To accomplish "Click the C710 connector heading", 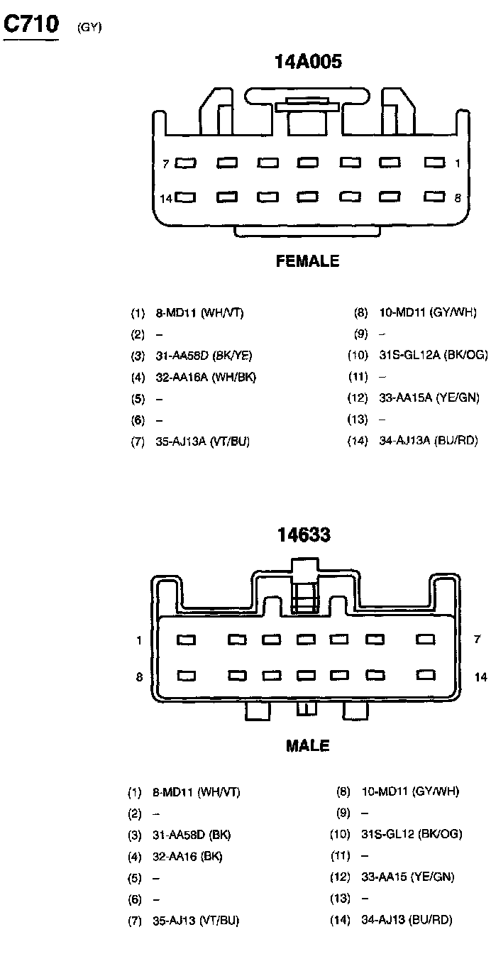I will [31, 25].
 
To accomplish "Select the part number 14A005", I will [308, 62].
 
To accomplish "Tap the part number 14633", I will [304, 535].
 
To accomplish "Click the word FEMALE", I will [307, 261].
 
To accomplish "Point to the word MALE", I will [307, 746].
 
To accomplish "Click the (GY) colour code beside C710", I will [90, 28].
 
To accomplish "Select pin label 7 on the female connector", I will [165, 164].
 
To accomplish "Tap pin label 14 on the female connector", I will [165, 199].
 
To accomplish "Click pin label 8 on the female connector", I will [458, 199].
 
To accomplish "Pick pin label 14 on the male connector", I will [480, 677].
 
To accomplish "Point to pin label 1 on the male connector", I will [140, 640].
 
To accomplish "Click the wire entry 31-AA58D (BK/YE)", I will [204, 356].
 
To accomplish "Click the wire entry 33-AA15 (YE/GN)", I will [407, 877].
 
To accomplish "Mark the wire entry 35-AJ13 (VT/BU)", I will [196, 920].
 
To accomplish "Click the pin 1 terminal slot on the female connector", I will [434, 163].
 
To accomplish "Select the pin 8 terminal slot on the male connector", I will [187, 675].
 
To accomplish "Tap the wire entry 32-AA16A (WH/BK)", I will [205, 377].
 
